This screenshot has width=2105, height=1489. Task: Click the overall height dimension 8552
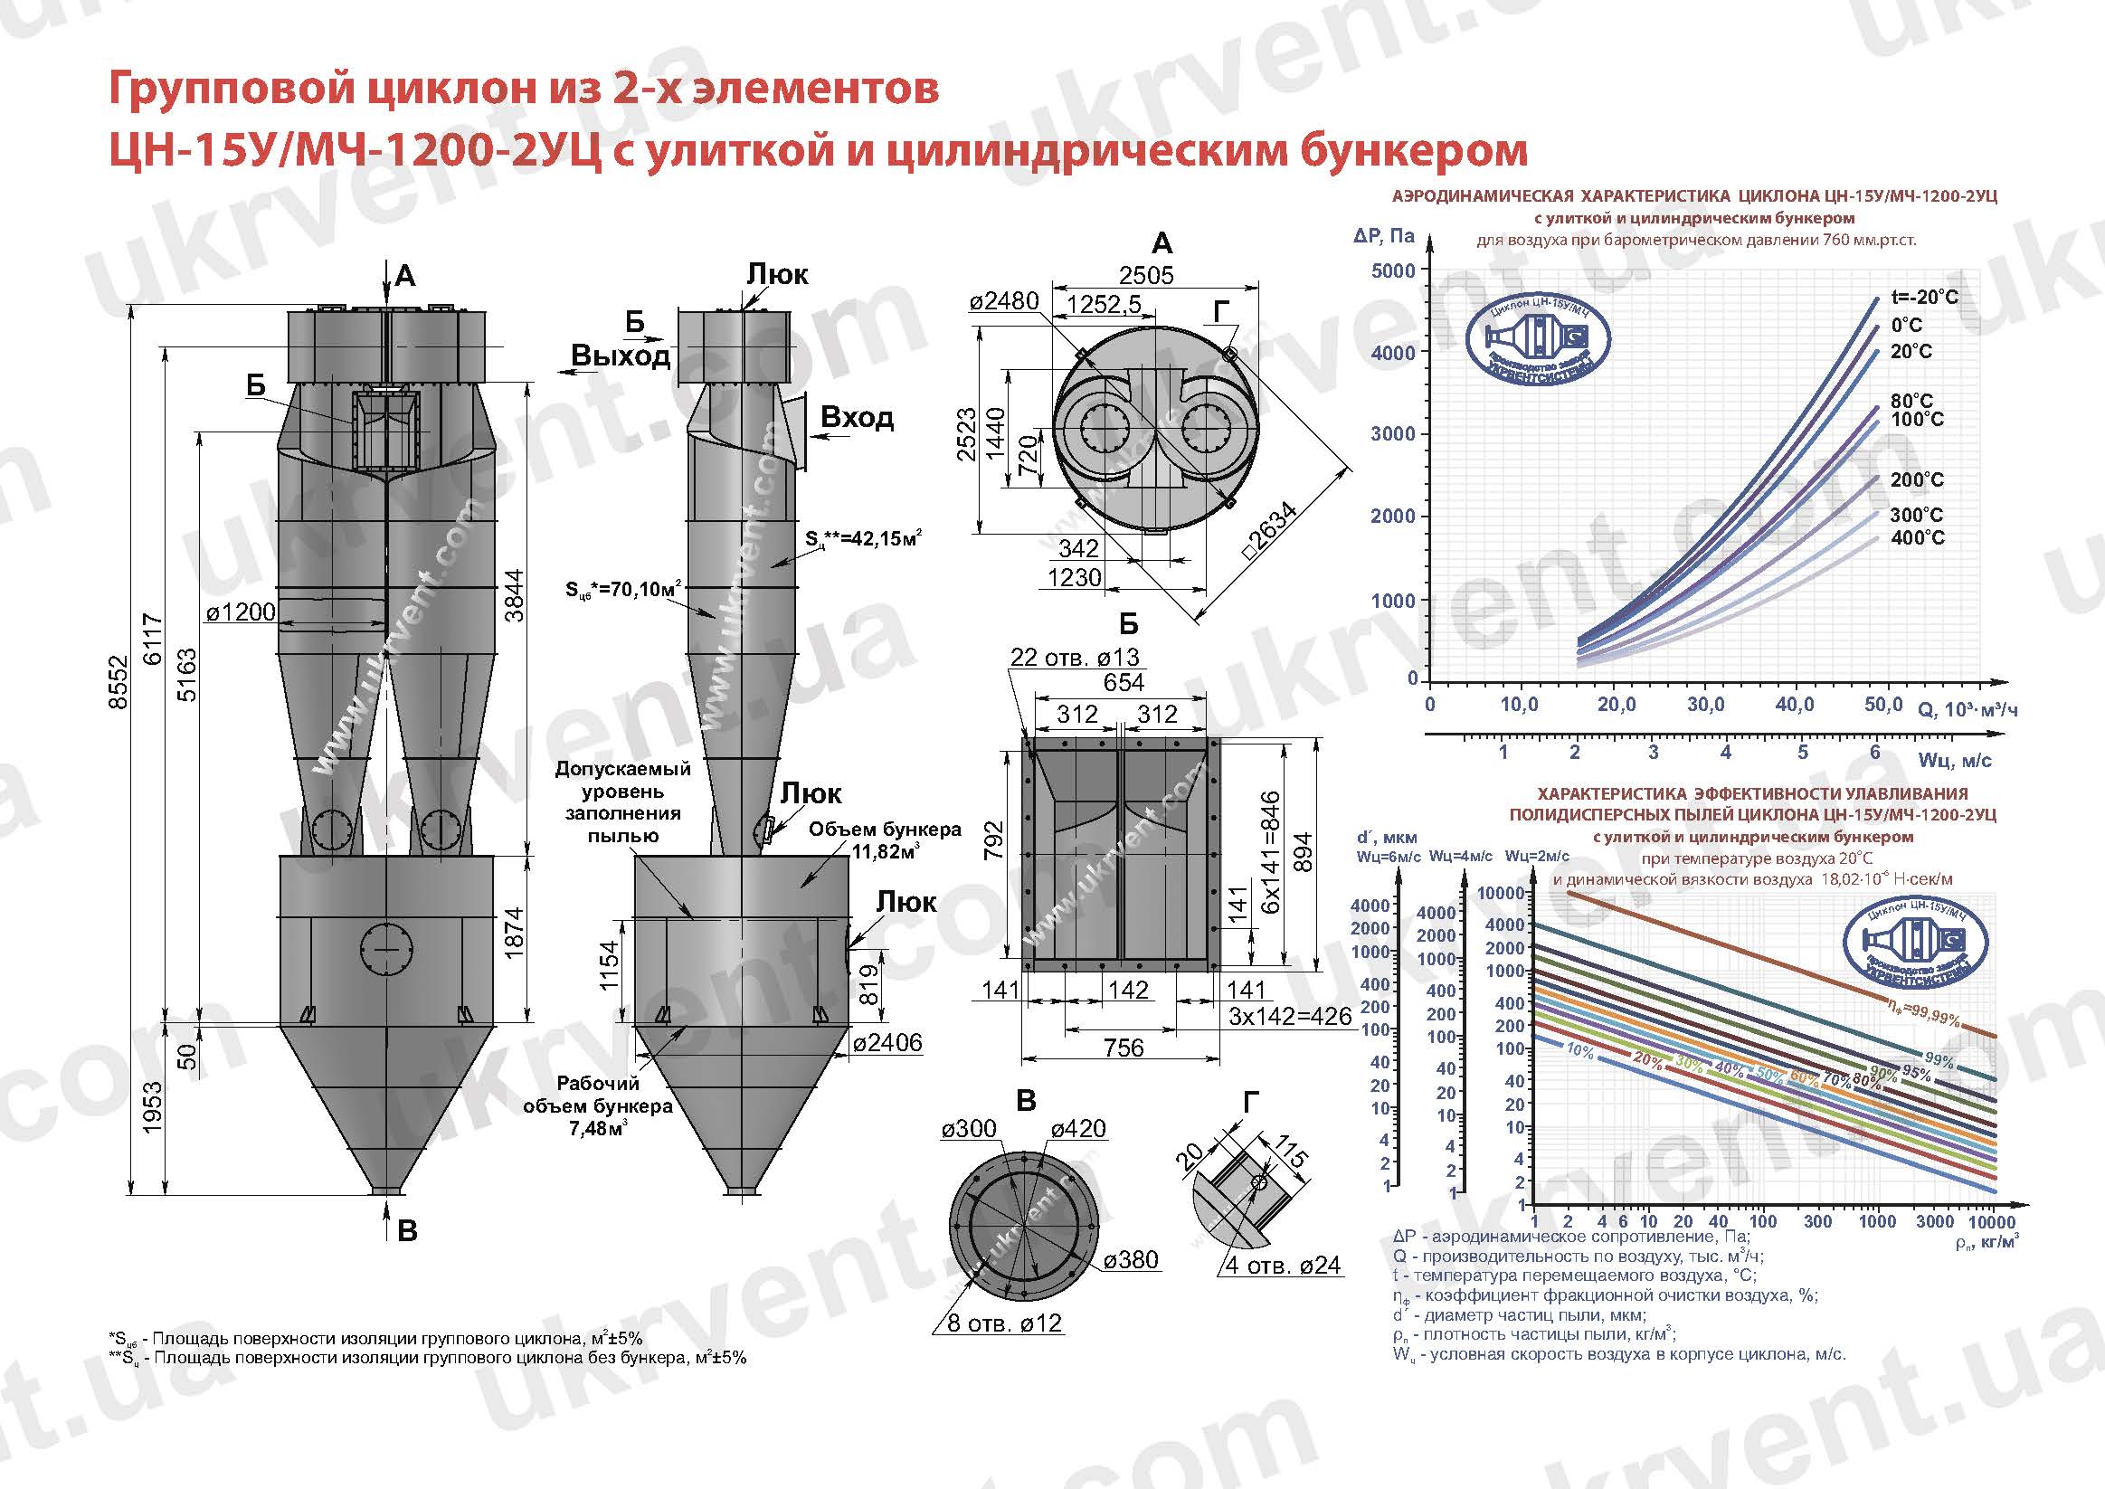pos(119,680)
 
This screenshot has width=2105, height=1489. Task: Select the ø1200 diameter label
pos(241,612)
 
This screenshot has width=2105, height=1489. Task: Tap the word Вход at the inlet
pos(857,417)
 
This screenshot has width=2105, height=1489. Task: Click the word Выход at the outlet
pos(621,356)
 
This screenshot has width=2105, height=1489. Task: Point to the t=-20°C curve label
pos(1923,297)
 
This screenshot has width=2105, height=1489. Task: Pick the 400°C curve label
pos(1917,537)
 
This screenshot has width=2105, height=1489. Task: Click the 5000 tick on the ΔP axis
pos(1393,270)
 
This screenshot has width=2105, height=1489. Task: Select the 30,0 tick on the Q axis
pos(1705,704)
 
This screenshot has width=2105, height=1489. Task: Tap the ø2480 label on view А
pos(1005,300)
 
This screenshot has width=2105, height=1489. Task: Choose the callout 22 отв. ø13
pos(1074,657)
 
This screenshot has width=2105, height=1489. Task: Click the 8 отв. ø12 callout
pos(1004,1323)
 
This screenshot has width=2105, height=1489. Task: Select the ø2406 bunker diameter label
pos(887,1042)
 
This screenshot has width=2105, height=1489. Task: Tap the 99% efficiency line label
pos(1939,1061)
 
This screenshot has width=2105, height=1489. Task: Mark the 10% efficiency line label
pos(1579,1052)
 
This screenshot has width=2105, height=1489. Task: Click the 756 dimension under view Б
pos(1124,1047)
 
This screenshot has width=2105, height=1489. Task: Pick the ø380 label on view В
pos(1131,1260)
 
